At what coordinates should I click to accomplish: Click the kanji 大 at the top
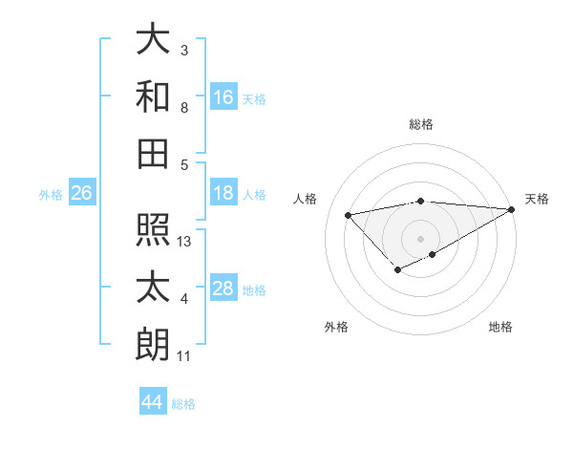(x=153, y=40)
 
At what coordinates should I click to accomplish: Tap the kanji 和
(x=153, y=96)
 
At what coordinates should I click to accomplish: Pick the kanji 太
(x=153, y=288)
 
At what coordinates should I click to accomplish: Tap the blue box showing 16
(x=223, y=96)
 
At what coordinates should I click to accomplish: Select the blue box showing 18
(x=223, y=193)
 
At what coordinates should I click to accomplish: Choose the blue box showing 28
(x=223, y=289)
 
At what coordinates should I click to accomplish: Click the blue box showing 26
(x=81, y=193)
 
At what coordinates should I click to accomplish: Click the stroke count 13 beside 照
(x=185, y=242)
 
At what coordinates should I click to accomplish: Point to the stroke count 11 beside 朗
(x=185, y=356)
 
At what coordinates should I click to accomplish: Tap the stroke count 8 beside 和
(x=184, y=109)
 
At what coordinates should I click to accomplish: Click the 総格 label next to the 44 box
(x=183, y=404)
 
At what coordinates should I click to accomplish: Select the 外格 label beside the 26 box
(x=51, y=195)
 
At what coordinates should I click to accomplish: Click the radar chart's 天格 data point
(x=512, y=209)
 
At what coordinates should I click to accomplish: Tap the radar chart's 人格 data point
(x=349, y=214)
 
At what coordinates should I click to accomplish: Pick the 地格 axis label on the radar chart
(x=500, y=328)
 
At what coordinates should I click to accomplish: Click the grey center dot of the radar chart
(x=420, y=237)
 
